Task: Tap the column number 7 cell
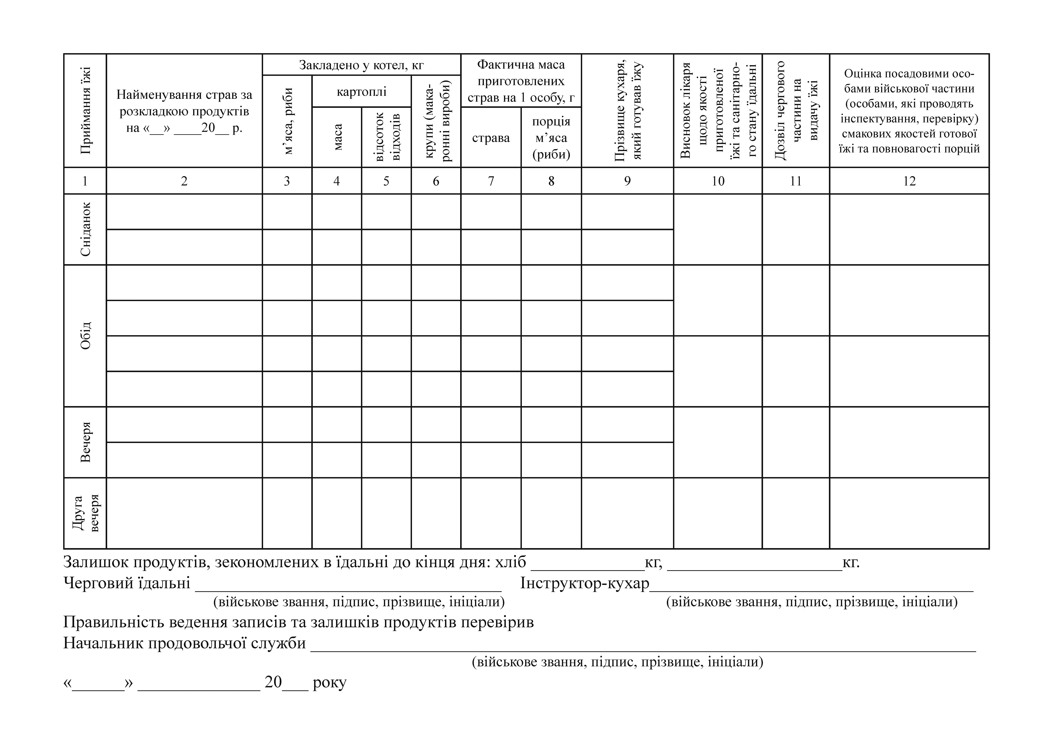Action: tap(491, 181)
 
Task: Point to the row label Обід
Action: tap(85, 335)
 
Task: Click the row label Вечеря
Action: tap(85, 442)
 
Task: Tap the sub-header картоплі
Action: tap(361, 91)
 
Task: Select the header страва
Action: tap(491, 138)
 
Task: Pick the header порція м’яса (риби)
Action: tap(551, 138)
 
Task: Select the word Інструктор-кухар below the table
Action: tap(585, 583)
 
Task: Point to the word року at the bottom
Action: tap(329, 682)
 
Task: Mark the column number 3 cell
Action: tap(287, 181)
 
